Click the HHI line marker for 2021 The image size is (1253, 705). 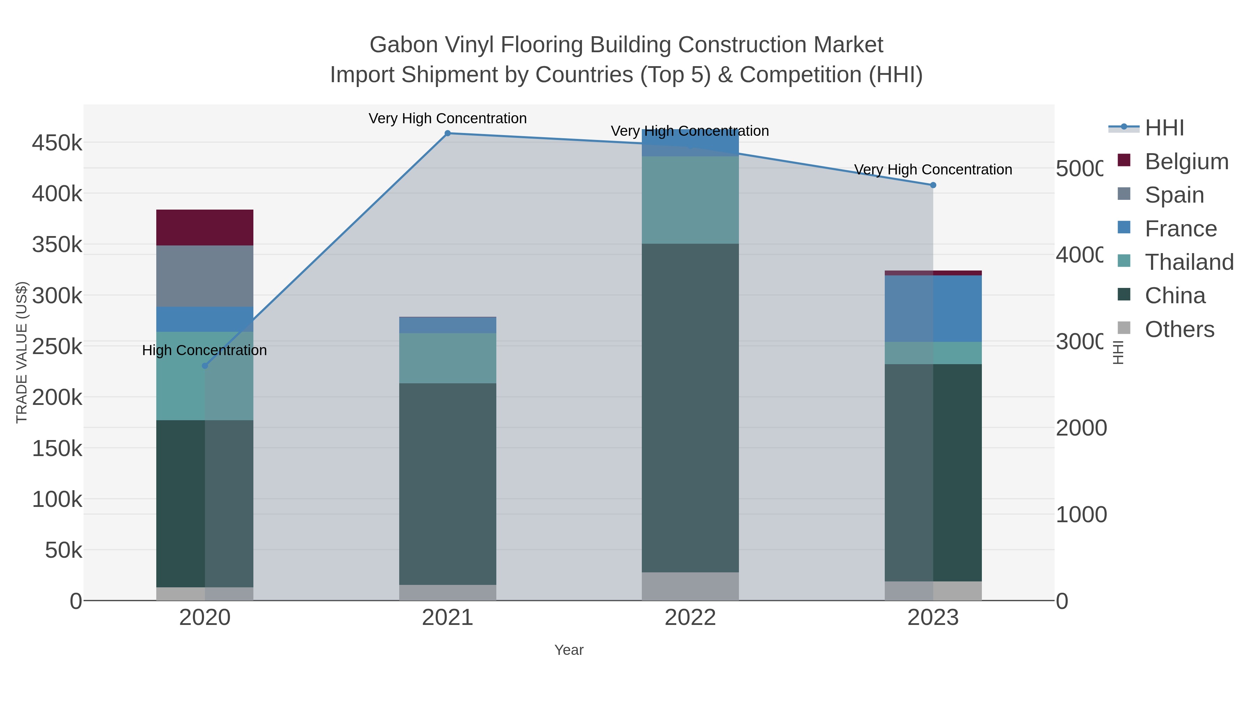448,133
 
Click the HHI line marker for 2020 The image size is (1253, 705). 205,366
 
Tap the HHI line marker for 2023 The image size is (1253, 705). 933,185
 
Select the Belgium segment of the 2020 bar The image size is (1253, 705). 205,228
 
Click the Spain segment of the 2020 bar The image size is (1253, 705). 205,276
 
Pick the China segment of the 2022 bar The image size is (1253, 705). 690,408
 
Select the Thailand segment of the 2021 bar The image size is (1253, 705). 448,358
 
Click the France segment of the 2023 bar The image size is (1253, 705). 933,308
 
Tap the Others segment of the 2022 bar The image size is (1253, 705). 690,586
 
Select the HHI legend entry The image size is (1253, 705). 1164,128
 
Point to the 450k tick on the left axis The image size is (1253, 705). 57,143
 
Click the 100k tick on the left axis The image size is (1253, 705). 57,500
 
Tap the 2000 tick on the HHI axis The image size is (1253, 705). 1081,428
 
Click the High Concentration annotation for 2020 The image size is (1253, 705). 204,350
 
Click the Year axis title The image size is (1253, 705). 569,650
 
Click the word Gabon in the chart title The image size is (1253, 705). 403,45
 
